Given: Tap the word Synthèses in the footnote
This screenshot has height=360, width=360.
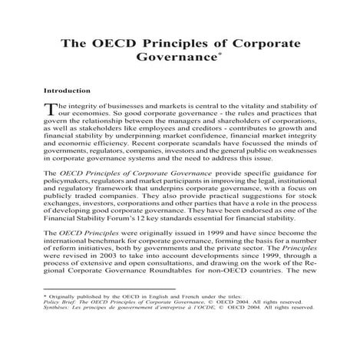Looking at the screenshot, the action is [59, 354].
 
